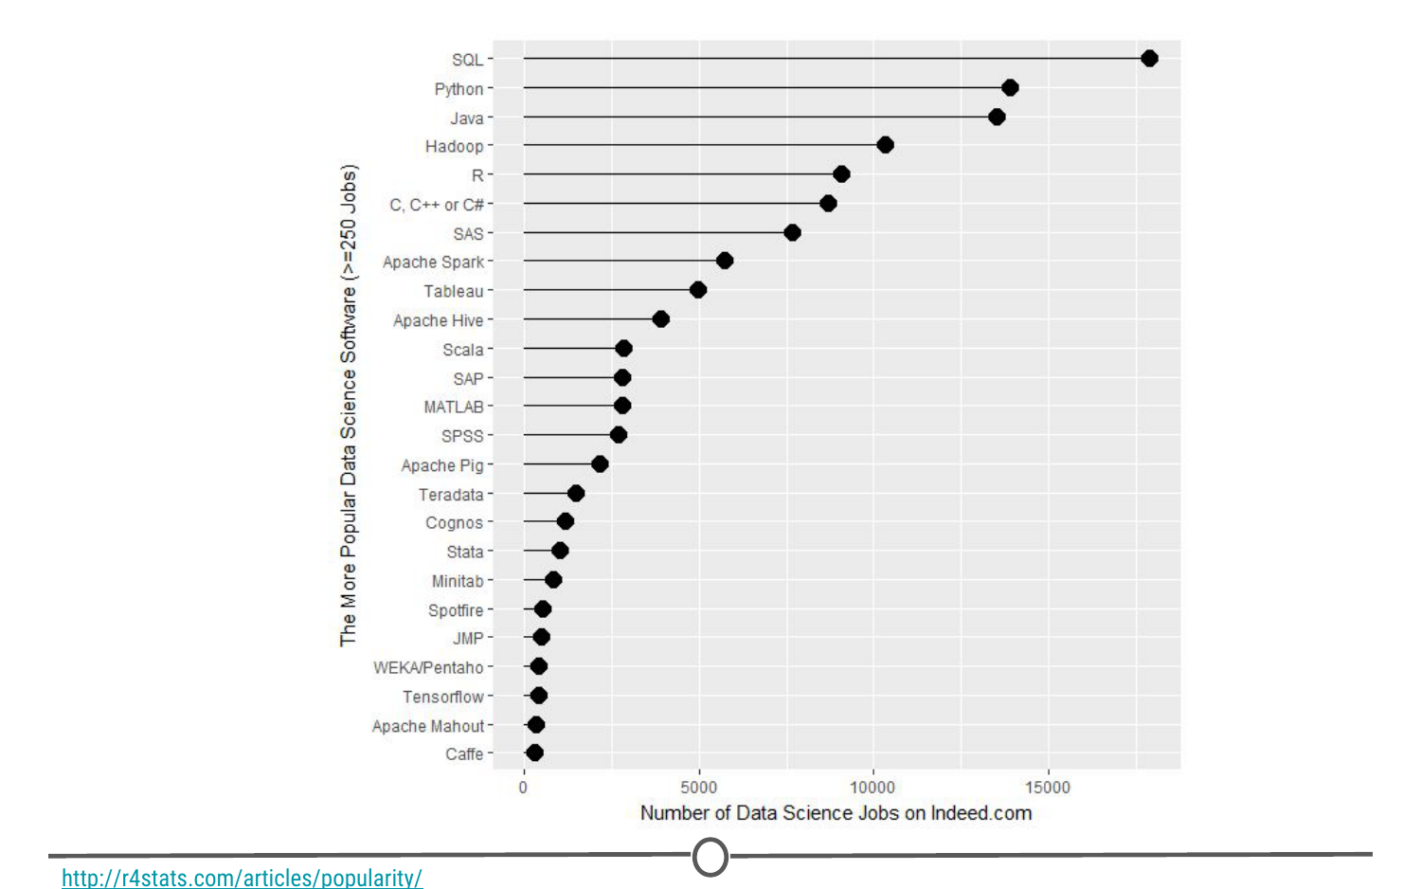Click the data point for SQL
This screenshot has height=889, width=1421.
[x=1149, y=59]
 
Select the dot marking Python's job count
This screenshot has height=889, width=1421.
[x=1010, y=88]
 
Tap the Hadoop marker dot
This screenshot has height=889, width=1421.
[x=885, y=145]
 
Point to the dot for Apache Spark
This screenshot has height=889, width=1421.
[x=725, y=261]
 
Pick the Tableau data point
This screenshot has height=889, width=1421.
[x=698, y=290]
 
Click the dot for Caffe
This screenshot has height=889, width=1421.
[x=534, y=753]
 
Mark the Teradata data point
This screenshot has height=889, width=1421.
[x=576, y=493]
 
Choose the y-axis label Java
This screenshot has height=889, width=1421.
[x=466, y=118]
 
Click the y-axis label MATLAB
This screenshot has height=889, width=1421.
[x=454, y=407]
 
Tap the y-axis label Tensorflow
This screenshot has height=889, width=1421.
[x=442, y=697]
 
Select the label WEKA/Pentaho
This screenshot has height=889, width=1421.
[x=428, y=667]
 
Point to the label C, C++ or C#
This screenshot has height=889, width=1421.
[x=437, y=205]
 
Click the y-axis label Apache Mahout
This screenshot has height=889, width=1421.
[x=428, y=726]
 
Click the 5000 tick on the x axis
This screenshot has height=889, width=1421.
[x=698, y=787]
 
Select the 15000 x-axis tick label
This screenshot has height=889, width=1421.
[x=1047, y=787]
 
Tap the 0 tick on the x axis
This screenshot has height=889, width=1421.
[x=523, y=787]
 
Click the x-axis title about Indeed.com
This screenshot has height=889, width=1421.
[x=836, y=813]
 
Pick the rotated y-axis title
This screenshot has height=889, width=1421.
[x=349, y=406]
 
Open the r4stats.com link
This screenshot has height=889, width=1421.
[x=242, y=878]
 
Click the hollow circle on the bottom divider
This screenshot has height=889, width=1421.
[x=710, y=857]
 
